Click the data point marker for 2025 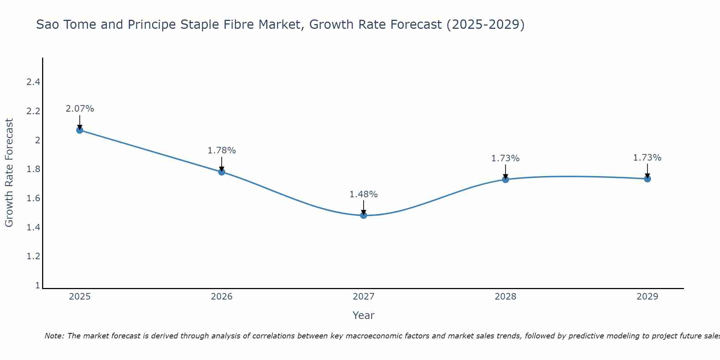point(80,130)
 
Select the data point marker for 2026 point(222,172)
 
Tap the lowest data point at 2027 point(364,215)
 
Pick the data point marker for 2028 point(505,179)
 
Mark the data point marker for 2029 point(647,179)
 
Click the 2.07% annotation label point(80,109)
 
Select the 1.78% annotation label point(222,150)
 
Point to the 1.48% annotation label point(364,194)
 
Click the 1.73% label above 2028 point(505,158)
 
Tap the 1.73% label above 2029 point(647,158)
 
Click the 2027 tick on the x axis point(364,297)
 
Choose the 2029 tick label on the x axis point(647,297)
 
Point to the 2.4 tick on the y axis point(33,82)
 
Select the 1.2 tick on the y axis point(33,256)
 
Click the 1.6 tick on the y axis point(33,198)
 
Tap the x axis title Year point(364,315)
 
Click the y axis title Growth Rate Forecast point(9,173)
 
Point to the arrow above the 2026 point point(222,164)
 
